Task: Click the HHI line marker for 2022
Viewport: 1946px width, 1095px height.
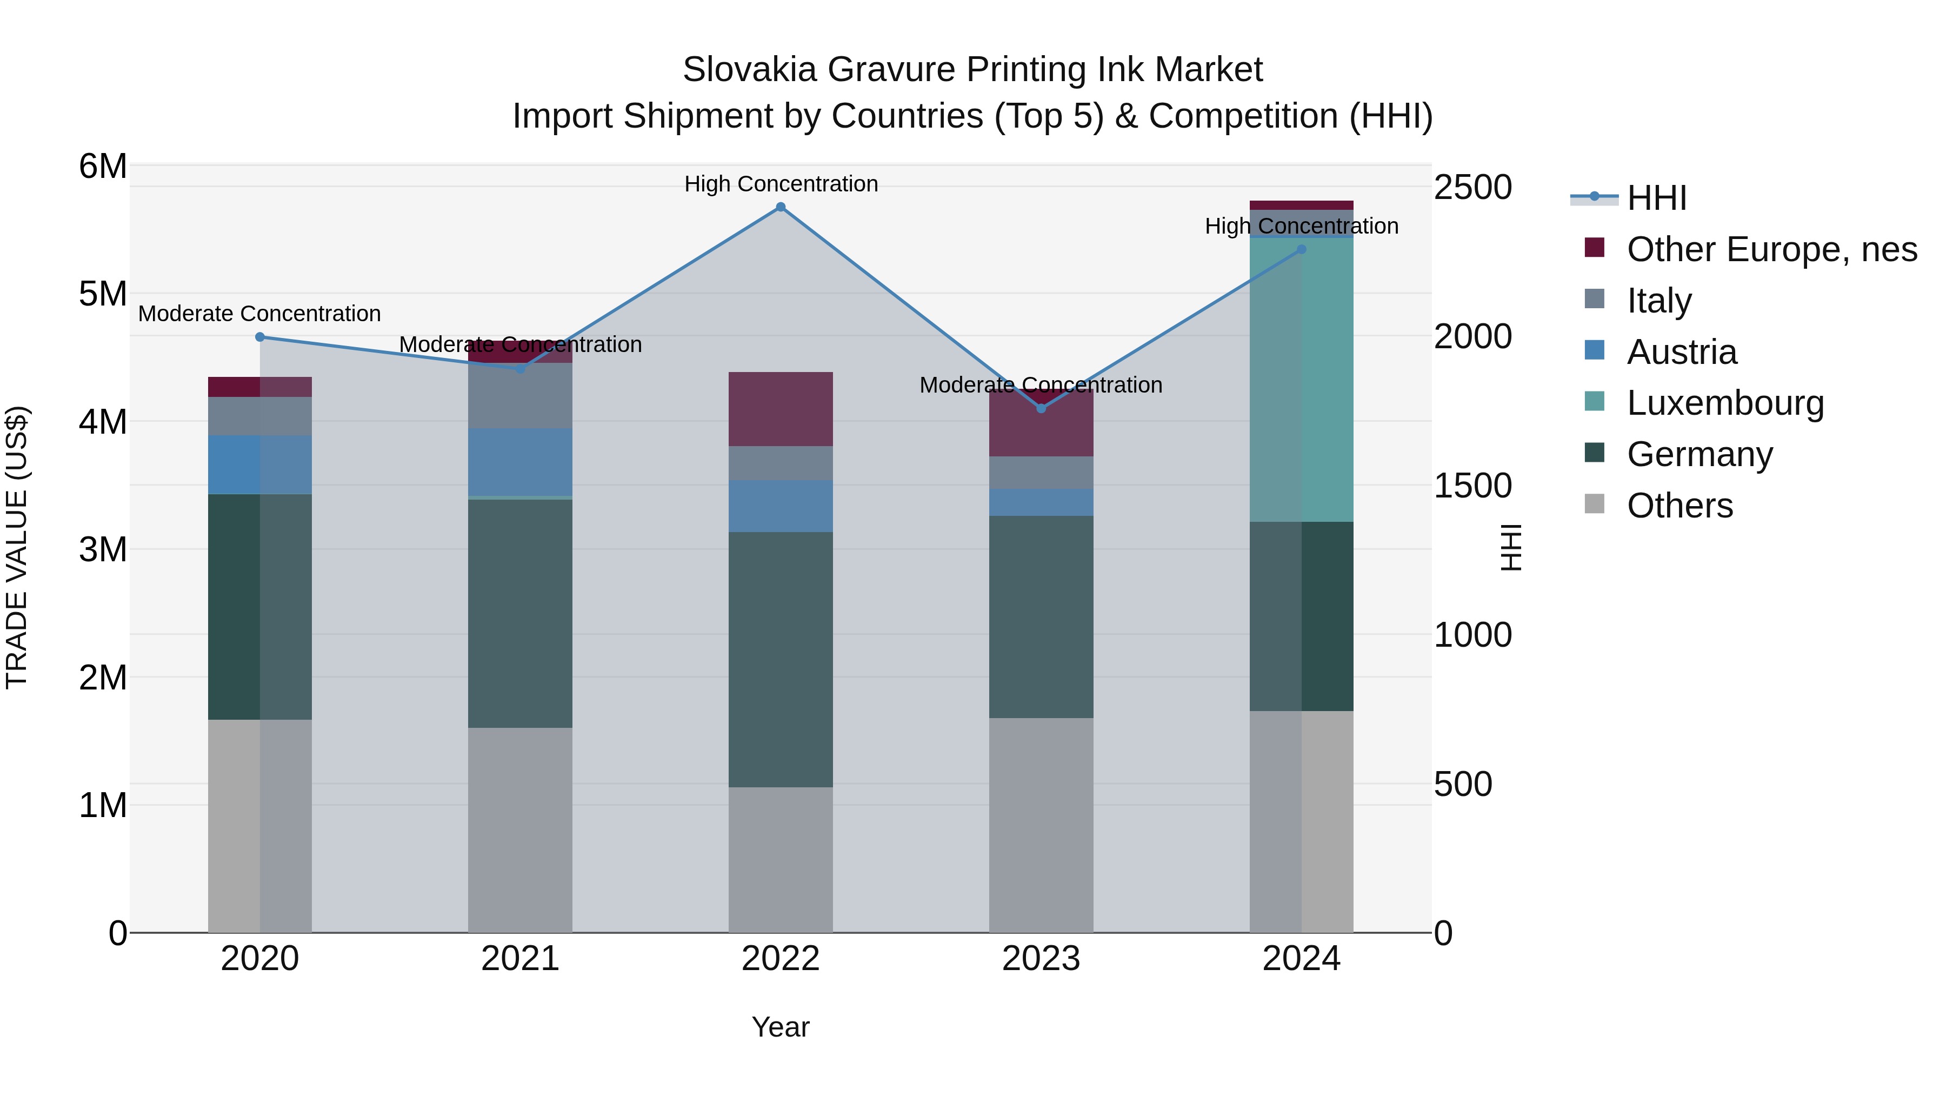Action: tap(781, 207)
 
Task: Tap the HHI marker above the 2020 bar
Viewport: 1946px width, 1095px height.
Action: tap(260, 337)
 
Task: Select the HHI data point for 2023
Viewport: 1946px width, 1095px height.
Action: tap(1041, 408)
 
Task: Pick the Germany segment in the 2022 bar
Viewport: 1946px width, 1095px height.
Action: tap(781, 659)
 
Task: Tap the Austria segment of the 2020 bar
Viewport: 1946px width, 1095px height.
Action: tap(260, 464)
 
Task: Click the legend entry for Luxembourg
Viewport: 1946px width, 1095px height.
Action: tap(1725, 403)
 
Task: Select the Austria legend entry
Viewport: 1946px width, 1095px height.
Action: tap(1682, 352)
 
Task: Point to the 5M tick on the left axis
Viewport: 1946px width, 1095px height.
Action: tap(103, 294)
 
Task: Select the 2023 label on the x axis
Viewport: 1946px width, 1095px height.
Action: tap(1041, 959)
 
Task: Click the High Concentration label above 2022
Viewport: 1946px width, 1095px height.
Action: tap(781, 184)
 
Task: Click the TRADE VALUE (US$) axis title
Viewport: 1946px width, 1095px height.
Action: tap(17, 547)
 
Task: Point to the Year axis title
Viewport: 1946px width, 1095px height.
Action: tap(781, 1027)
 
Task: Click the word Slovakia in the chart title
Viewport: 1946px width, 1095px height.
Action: tap(749, 70)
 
